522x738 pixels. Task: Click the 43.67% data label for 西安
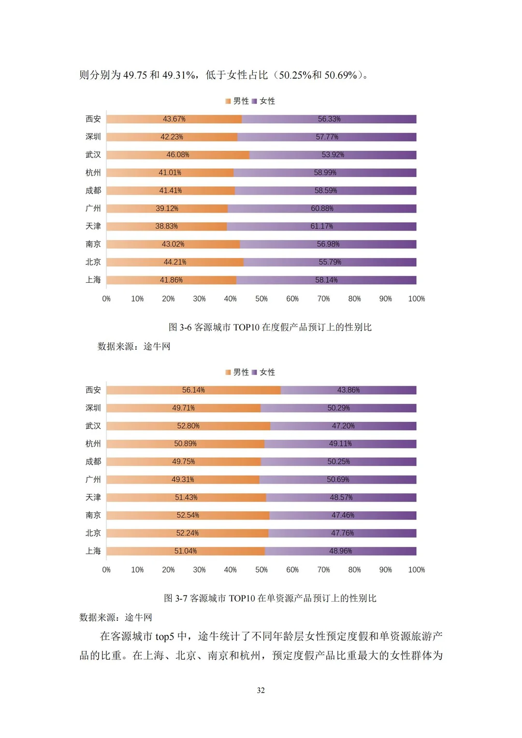click(174, 119)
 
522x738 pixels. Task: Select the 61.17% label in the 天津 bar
click(321, 226)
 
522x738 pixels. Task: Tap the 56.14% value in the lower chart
click(193, 390)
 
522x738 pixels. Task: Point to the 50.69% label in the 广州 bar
click(338, 479)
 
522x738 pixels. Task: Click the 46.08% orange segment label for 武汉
click(177, 155)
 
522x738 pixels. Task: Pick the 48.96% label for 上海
click(340, 551)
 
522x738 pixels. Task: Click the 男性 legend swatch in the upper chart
click(228, 101)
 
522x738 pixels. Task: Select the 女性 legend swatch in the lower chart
click(254, 372)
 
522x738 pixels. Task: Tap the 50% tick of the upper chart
click(261, 299)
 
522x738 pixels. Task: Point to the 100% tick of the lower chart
click(416, 570)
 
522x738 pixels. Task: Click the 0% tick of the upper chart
click(106, 299)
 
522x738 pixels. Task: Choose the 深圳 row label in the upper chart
click(93, 137)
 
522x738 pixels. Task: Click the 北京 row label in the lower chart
click(93, 533)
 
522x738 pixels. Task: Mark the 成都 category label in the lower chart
click(93, 462)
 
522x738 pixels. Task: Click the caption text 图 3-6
click(180, 327)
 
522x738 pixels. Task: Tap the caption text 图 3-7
click(175, 598)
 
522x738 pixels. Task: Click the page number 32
click(261, 690)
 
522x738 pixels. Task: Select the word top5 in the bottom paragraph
click(164, 637)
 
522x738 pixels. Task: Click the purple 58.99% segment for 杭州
click(325, 173)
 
